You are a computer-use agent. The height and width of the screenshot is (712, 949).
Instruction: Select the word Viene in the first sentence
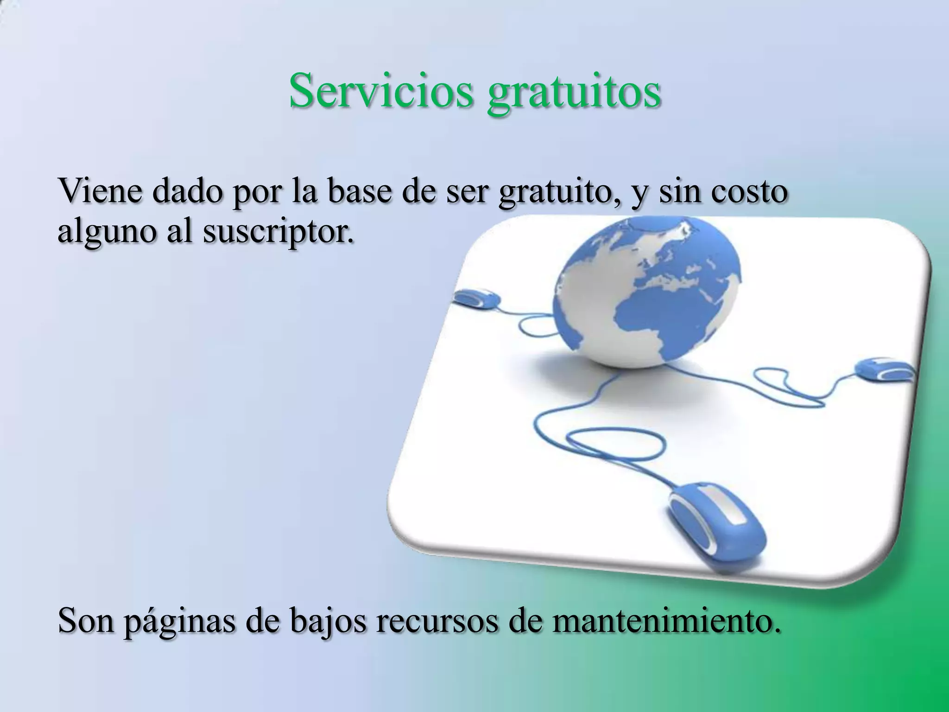99,191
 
